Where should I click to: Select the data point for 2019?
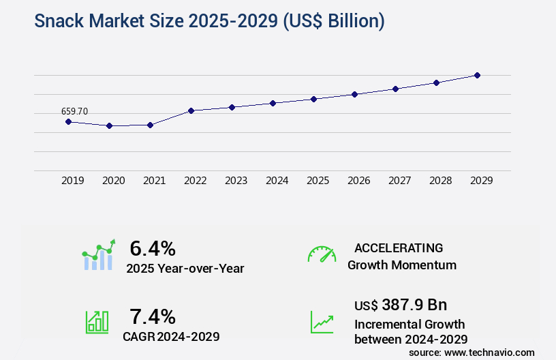(68, 121)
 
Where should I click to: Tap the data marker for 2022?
(191, 110)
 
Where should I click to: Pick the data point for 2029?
(478, 75)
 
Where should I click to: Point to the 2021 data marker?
(151, 125)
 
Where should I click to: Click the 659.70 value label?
(74, 111)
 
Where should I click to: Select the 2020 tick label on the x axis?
(113, 181)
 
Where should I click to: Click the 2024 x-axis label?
(277, 181)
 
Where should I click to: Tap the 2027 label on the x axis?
(399, 181)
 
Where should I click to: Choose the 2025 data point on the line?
(314, 99)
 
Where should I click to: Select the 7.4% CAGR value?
(153, 316)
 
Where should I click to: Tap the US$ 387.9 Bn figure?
(401, 305)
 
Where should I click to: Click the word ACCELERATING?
(399, 247)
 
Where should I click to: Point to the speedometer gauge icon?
(322, 254)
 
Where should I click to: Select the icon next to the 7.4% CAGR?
(97, 322)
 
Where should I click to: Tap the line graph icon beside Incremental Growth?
(322, 322)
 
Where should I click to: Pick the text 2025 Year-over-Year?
(185, 269)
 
